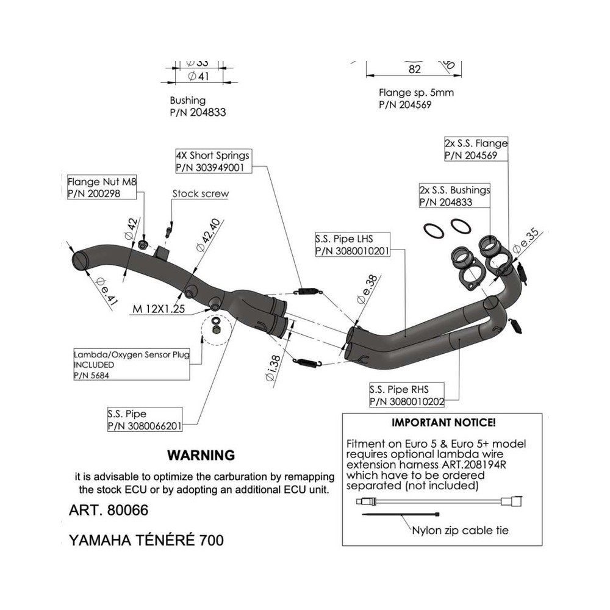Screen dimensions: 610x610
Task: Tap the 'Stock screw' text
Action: point(201,194)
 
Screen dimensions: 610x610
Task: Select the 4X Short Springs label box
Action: point(212,161)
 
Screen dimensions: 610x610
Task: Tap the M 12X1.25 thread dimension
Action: point(159,309)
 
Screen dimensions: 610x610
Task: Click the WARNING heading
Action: point(201,455)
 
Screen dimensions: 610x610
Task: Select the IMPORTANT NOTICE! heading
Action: point(443,422)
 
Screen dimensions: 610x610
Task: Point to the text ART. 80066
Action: point(108,511)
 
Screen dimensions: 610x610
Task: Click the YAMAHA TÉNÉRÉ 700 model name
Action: point(146,540)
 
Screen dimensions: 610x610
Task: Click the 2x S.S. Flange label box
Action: point(476,149)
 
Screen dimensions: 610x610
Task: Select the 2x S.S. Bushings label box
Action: point(454,196)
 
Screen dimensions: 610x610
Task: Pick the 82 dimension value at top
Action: point(415,70)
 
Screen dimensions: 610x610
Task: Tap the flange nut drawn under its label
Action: point(141,245)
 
